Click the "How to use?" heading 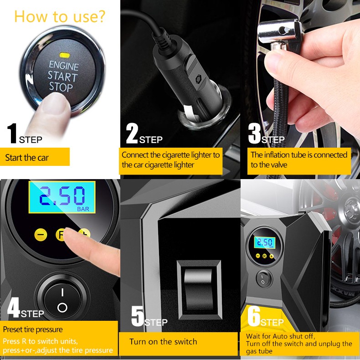pyautogui.click(x=60, y=16)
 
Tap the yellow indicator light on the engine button pyautogui.click(x=65, y=55)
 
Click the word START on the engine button pyautogui.click(x=62, y=76)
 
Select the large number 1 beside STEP pyautogui.click(x=12, y=133)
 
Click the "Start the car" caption pyautogui.click(x=27, y=158)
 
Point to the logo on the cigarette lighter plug pyautogui.click(x=198, y=79)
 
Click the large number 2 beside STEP pyautogui.click(x=132, y=133)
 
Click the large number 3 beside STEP pyautogui.click(x=255, y=133)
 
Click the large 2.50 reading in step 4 pyautogui.click(x=62, y=196)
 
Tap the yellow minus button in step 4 pyautogui.click(x=41, y=234)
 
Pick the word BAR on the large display pyautogui.click(x=83, y=209)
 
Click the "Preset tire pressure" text pyautogui.click(x=33, y=329)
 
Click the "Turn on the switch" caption pyautogui.click(x=163, y=342)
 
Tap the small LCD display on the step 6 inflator pyautogui.click(x=264, y=242)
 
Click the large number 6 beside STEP pyautogui.click(x=254, y=316)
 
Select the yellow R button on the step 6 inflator pyautogui.click(x=264, y=256)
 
